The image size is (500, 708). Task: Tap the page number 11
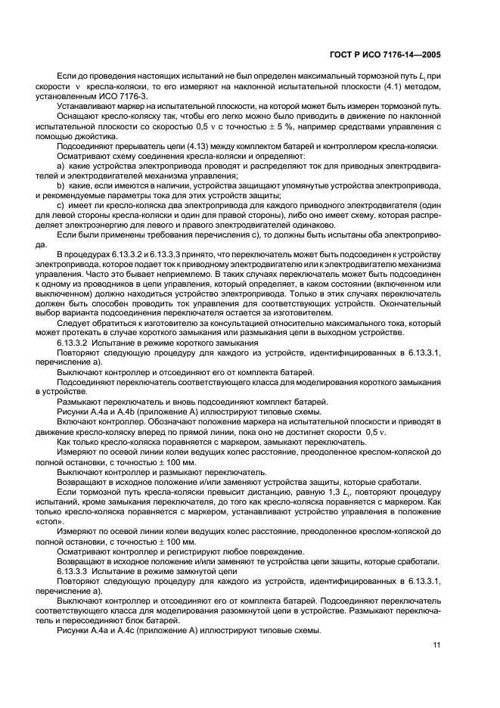click(436, 644)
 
